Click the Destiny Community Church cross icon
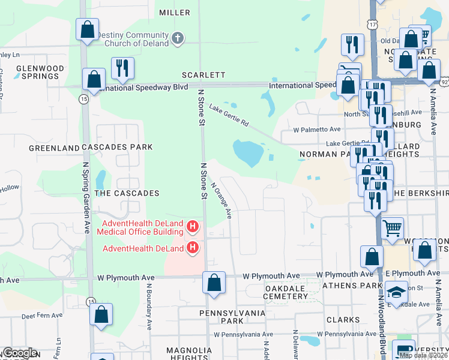177,38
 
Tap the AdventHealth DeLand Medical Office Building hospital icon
193,226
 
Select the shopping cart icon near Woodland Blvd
392,228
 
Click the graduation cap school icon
397,292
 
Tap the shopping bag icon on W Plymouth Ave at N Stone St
214,283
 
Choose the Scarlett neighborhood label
204,75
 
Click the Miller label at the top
175,13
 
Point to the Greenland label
55,148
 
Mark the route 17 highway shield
373,25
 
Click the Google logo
19,353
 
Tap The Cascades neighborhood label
127,193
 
